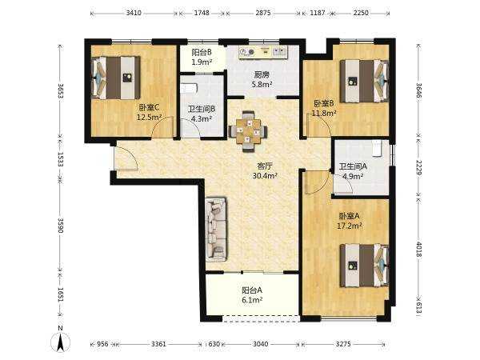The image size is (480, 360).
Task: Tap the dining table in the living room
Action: [x=248, y=131]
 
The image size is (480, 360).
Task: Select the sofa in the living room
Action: [x=216, y=230]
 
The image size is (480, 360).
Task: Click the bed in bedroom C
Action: [x=116, y=78]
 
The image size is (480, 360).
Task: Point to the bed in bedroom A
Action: [x=364, y=265]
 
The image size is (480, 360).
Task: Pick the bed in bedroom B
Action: [x=364, y=81]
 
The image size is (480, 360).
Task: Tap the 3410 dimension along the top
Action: [x=134, y=13]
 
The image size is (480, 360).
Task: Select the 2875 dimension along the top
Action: [x=263, y=13]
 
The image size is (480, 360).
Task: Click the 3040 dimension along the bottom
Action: [x=261, y=344]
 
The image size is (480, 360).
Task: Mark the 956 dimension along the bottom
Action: [x=102, y=344]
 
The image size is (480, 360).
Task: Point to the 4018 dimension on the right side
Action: [x=419, y=250]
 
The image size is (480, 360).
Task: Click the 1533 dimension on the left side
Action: [x=60, y=159]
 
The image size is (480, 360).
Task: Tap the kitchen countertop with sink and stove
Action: [x=263, y=52]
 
